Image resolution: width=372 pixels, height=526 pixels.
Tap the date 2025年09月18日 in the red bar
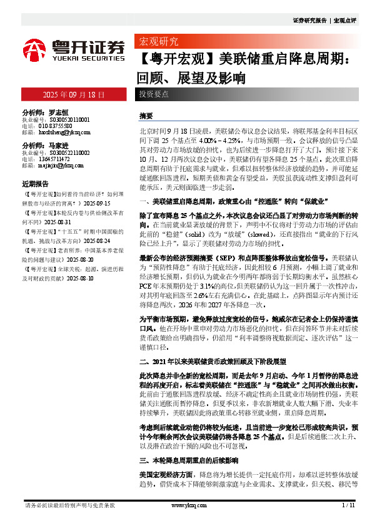(x=73, y=96)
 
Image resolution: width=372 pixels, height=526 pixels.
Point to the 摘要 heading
(x=146, y=117)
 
